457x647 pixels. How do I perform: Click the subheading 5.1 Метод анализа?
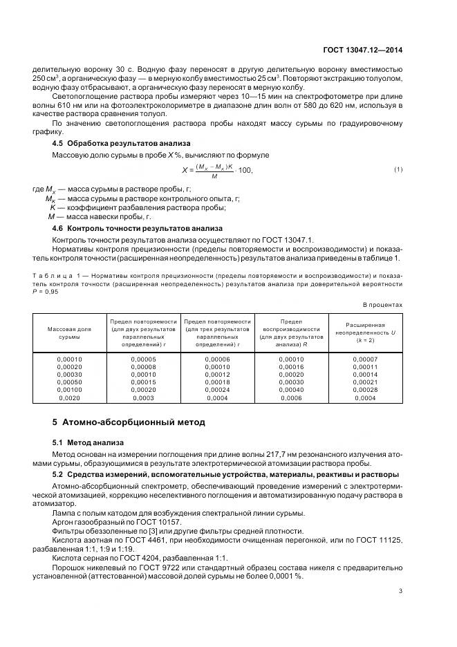click(x=88, y=442)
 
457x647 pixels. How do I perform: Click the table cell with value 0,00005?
click(x=143, y=359)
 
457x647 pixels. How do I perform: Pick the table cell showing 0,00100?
click(x=69, y=390)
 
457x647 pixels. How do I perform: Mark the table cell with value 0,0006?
click(x=291, y=397)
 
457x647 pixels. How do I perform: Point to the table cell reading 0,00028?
click(x=365, y=390)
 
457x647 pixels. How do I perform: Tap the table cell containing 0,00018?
click(x=217, y=382)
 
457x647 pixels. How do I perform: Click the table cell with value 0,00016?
click(x=291, y=367)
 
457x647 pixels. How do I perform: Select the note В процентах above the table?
click(x=382, y=305)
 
